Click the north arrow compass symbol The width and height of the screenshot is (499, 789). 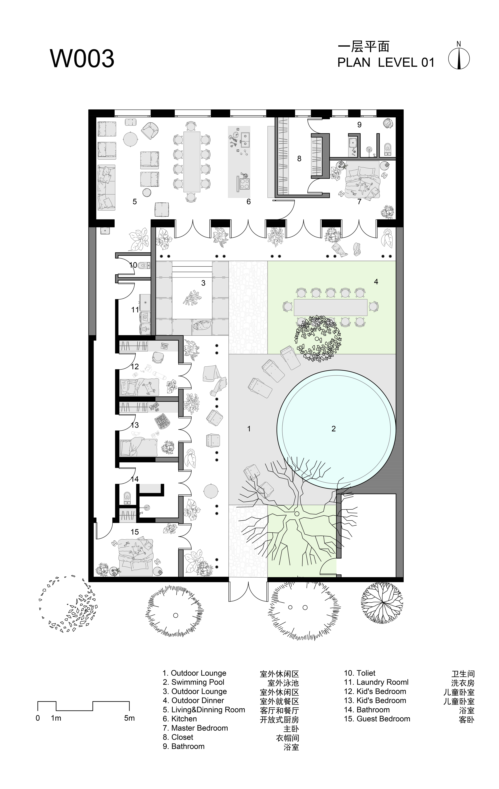[x=459, y=59]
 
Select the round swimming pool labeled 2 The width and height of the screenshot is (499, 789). [x=336, y=429]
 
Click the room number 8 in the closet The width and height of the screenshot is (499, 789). [x=299, y=159]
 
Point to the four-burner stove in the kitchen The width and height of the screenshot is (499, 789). [x=244, y=184]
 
